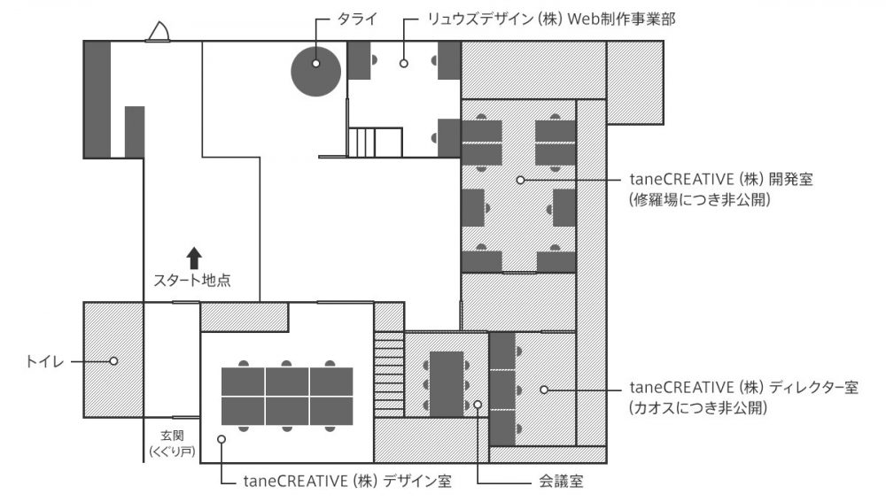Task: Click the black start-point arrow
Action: (x=195, y=258)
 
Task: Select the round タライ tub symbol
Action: (x=316, y=68)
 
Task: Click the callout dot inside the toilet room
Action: (x=113, y=360)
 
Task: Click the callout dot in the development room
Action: (x=520, y=180)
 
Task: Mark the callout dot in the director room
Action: (x=544, y=389)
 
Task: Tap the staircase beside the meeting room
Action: (x=389, y=372)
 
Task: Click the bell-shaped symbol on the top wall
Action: (x=160, y=33)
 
